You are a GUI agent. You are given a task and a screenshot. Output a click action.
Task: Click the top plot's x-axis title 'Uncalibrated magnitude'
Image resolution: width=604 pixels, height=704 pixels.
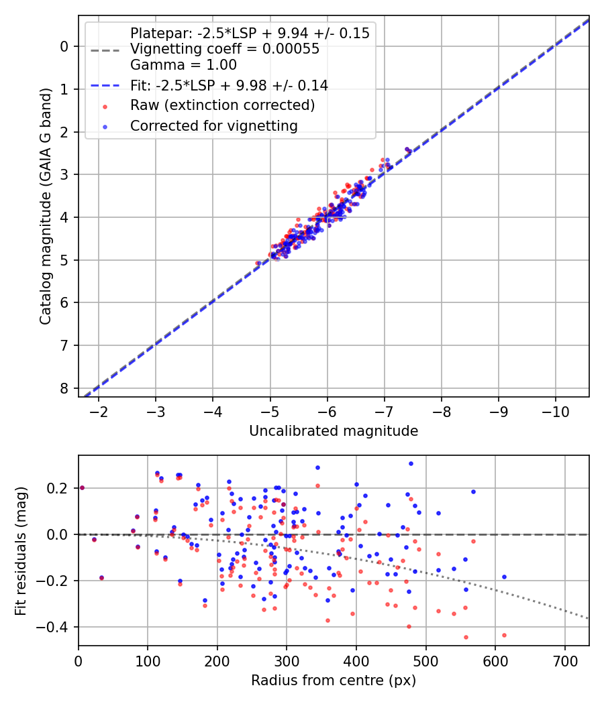point(334,431)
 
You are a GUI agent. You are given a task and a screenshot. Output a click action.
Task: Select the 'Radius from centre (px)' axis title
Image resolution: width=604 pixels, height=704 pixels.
point(334,681)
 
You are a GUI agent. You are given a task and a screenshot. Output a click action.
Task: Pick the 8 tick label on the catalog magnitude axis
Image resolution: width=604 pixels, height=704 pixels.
point(64,388)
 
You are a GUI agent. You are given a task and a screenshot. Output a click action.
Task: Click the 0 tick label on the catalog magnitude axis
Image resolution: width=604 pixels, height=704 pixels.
point(64,46)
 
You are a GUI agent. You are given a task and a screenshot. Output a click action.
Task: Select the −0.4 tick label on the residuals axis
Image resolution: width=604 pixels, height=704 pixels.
point(56,627)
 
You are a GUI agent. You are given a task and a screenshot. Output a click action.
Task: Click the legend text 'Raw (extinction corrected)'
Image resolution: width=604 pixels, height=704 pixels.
point(222,105)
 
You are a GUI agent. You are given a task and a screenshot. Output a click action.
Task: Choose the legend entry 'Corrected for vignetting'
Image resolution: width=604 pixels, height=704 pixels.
point(213,125)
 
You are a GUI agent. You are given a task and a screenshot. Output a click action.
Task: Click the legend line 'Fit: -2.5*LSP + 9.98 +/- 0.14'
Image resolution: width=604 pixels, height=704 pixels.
point(229,86)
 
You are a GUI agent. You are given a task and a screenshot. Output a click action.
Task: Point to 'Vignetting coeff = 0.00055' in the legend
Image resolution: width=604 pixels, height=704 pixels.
point(225,49)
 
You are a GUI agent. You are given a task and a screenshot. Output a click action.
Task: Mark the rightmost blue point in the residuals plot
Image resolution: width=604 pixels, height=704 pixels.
point(504,577)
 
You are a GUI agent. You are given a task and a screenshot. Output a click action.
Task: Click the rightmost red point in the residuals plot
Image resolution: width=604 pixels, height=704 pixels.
point(504,635)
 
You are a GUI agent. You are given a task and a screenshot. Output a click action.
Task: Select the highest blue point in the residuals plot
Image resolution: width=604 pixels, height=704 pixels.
point(411,463)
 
